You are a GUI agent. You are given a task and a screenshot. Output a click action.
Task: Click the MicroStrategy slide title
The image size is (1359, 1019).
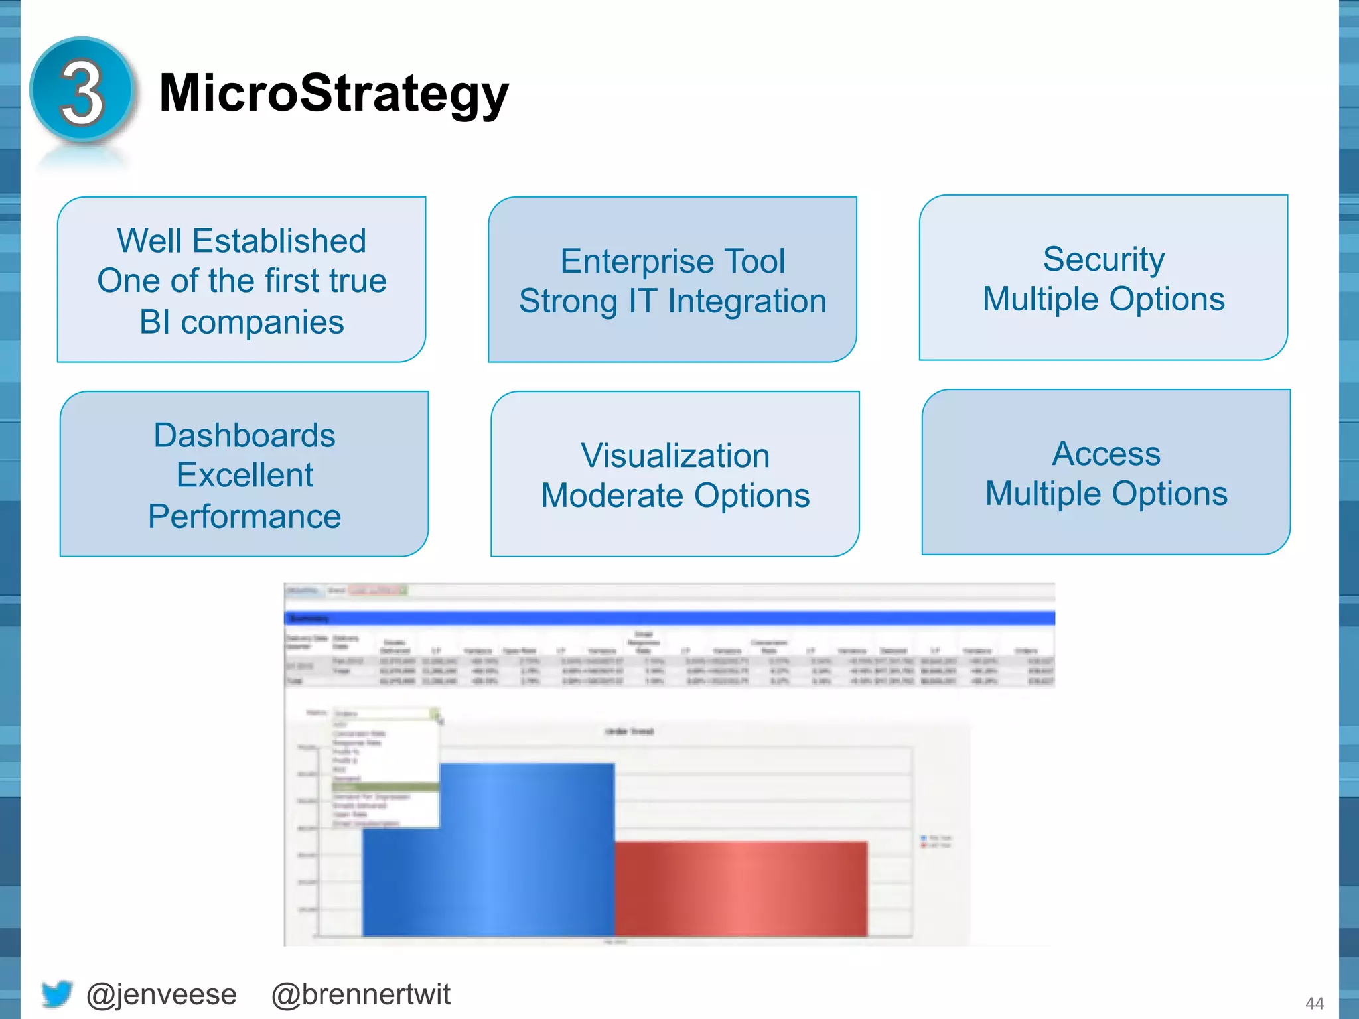[x=334, y=94]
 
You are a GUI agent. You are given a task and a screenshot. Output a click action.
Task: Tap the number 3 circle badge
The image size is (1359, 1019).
[x=82, y=91]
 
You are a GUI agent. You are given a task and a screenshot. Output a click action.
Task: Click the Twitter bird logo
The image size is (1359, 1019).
[x=56, y=994]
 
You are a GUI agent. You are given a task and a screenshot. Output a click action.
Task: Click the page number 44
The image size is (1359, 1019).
[x=1314, y=1003]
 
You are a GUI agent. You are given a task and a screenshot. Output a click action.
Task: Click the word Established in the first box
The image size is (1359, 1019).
[x=279, y=241]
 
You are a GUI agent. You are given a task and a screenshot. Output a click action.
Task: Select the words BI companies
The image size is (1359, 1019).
[x=242, y=322]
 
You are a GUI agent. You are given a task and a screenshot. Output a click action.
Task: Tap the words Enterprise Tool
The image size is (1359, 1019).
[x=672, y=261]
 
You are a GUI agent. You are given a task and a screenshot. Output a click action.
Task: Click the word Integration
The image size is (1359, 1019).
[x=747, y=301]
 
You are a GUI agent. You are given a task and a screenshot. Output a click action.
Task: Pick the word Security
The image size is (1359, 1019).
[x=1104, y=259]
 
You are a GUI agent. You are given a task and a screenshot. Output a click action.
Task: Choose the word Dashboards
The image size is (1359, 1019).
[x=244, y=435]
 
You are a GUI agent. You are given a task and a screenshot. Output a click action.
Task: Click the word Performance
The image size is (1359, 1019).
[x=244, y=516]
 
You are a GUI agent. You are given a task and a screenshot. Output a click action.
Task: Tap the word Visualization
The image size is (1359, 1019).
[x=675, y=456]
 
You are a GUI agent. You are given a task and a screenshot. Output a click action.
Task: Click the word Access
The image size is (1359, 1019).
[x=1106, y=454]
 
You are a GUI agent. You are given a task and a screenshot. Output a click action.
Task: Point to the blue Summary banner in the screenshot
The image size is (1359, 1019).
[x=669, y=618]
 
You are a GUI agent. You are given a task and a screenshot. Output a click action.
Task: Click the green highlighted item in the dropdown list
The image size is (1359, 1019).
[x=385, y=787]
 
